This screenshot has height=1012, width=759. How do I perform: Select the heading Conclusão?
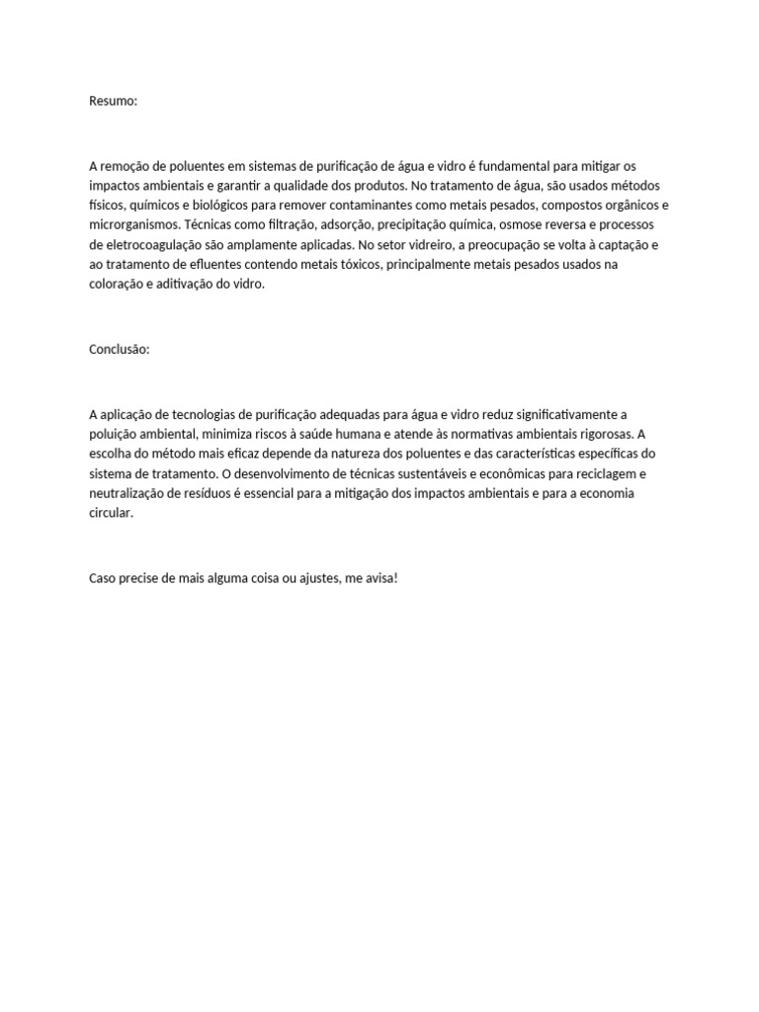click(x=119, y=349)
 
